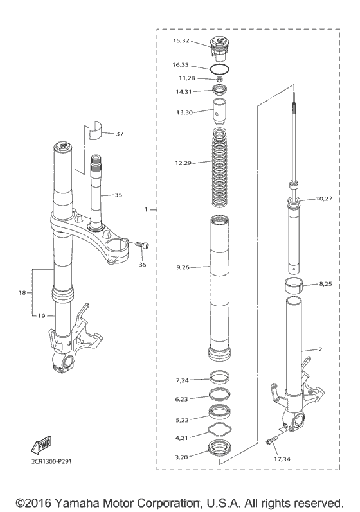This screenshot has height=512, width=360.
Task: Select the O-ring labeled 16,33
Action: [219, 66]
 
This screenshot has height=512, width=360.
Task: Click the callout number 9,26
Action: [182, 267]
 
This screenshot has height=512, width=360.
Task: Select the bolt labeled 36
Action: [142, 245]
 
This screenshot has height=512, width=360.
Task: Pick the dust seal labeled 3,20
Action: [219, 448]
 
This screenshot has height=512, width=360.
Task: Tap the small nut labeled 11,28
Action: [218, 78]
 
